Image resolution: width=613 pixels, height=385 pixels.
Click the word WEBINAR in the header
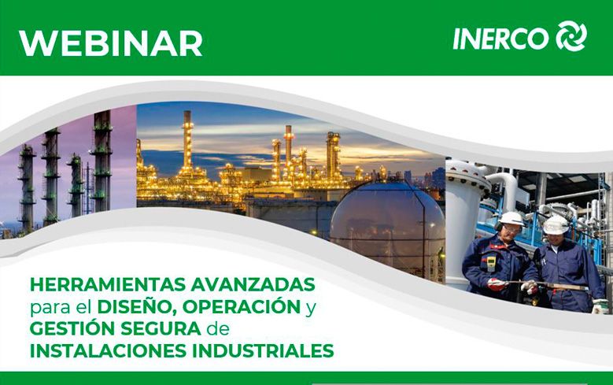(111, 43)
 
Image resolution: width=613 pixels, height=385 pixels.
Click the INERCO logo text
(500, 39)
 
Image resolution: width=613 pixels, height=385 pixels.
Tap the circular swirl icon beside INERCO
(571, 36)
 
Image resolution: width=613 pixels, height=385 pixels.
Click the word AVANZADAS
(253, 285)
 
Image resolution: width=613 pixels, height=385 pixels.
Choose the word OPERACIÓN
(242, 306)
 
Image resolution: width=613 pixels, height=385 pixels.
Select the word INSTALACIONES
(109, 350)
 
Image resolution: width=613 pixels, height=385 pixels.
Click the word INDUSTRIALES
(263, 350)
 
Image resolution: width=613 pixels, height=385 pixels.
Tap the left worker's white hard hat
(511, 219)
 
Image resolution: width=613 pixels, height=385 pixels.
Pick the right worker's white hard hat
(556, 224)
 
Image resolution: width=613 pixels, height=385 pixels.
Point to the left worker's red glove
(497, 283)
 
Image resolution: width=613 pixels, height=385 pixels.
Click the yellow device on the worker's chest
(491, 263)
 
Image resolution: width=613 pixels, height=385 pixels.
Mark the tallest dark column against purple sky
(102, 161)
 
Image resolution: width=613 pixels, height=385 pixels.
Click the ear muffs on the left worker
(497, 226)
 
